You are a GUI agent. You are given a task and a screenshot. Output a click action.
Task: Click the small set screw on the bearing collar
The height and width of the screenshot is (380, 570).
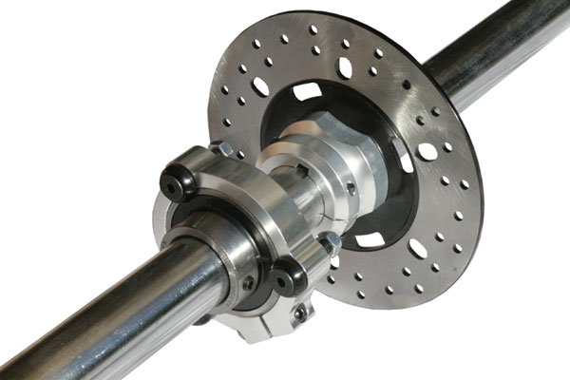[x=248, y=282]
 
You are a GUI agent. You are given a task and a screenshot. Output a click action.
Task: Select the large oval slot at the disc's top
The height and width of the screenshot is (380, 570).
[x=345, y=67]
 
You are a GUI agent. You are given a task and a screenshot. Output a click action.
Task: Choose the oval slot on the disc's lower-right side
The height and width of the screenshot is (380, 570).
[x=418, y=248]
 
